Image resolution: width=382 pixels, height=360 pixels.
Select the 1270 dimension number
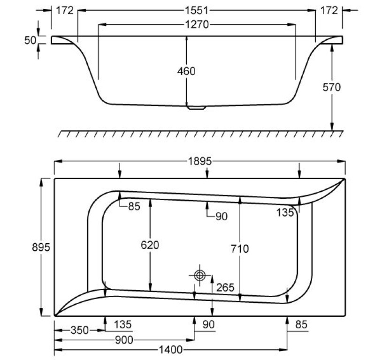pos(197,24)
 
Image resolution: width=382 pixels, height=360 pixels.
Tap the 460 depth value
pos(186,71)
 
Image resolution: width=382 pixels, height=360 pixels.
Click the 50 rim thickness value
pos(30,40)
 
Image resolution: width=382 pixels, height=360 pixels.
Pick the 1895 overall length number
pos(200,161)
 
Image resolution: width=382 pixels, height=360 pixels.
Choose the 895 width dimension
pos(41,247)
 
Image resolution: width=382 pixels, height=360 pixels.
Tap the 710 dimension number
pos(240,249)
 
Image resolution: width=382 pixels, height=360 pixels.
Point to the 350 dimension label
pos(79,330)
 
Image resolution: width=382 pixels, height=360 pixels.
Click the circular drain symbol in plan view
pos(200,275)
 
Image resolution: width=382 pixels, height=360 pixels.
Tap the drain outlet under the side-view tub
pos(197,107)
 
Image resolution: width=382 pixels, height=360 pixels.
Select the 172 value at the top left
pos(65,10)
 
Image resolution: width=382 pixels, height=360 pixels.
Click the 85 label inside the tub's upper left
pos(134,206)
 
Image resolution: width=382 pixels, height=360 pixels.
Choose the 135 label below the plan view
pos(122,324)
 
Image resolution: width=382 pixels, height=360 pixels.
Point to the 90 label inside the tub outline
pos(222,216)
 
